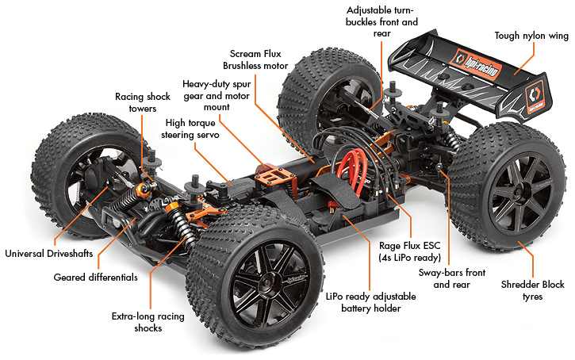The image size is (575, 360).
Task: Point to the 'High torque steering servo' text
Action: (x=194, y=128)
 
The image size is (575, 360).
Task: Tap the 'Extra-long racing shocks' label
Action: (x=148, y=322)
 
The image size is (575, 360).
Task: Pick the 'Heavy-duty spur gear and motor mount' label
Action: (x=217, y=94)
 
